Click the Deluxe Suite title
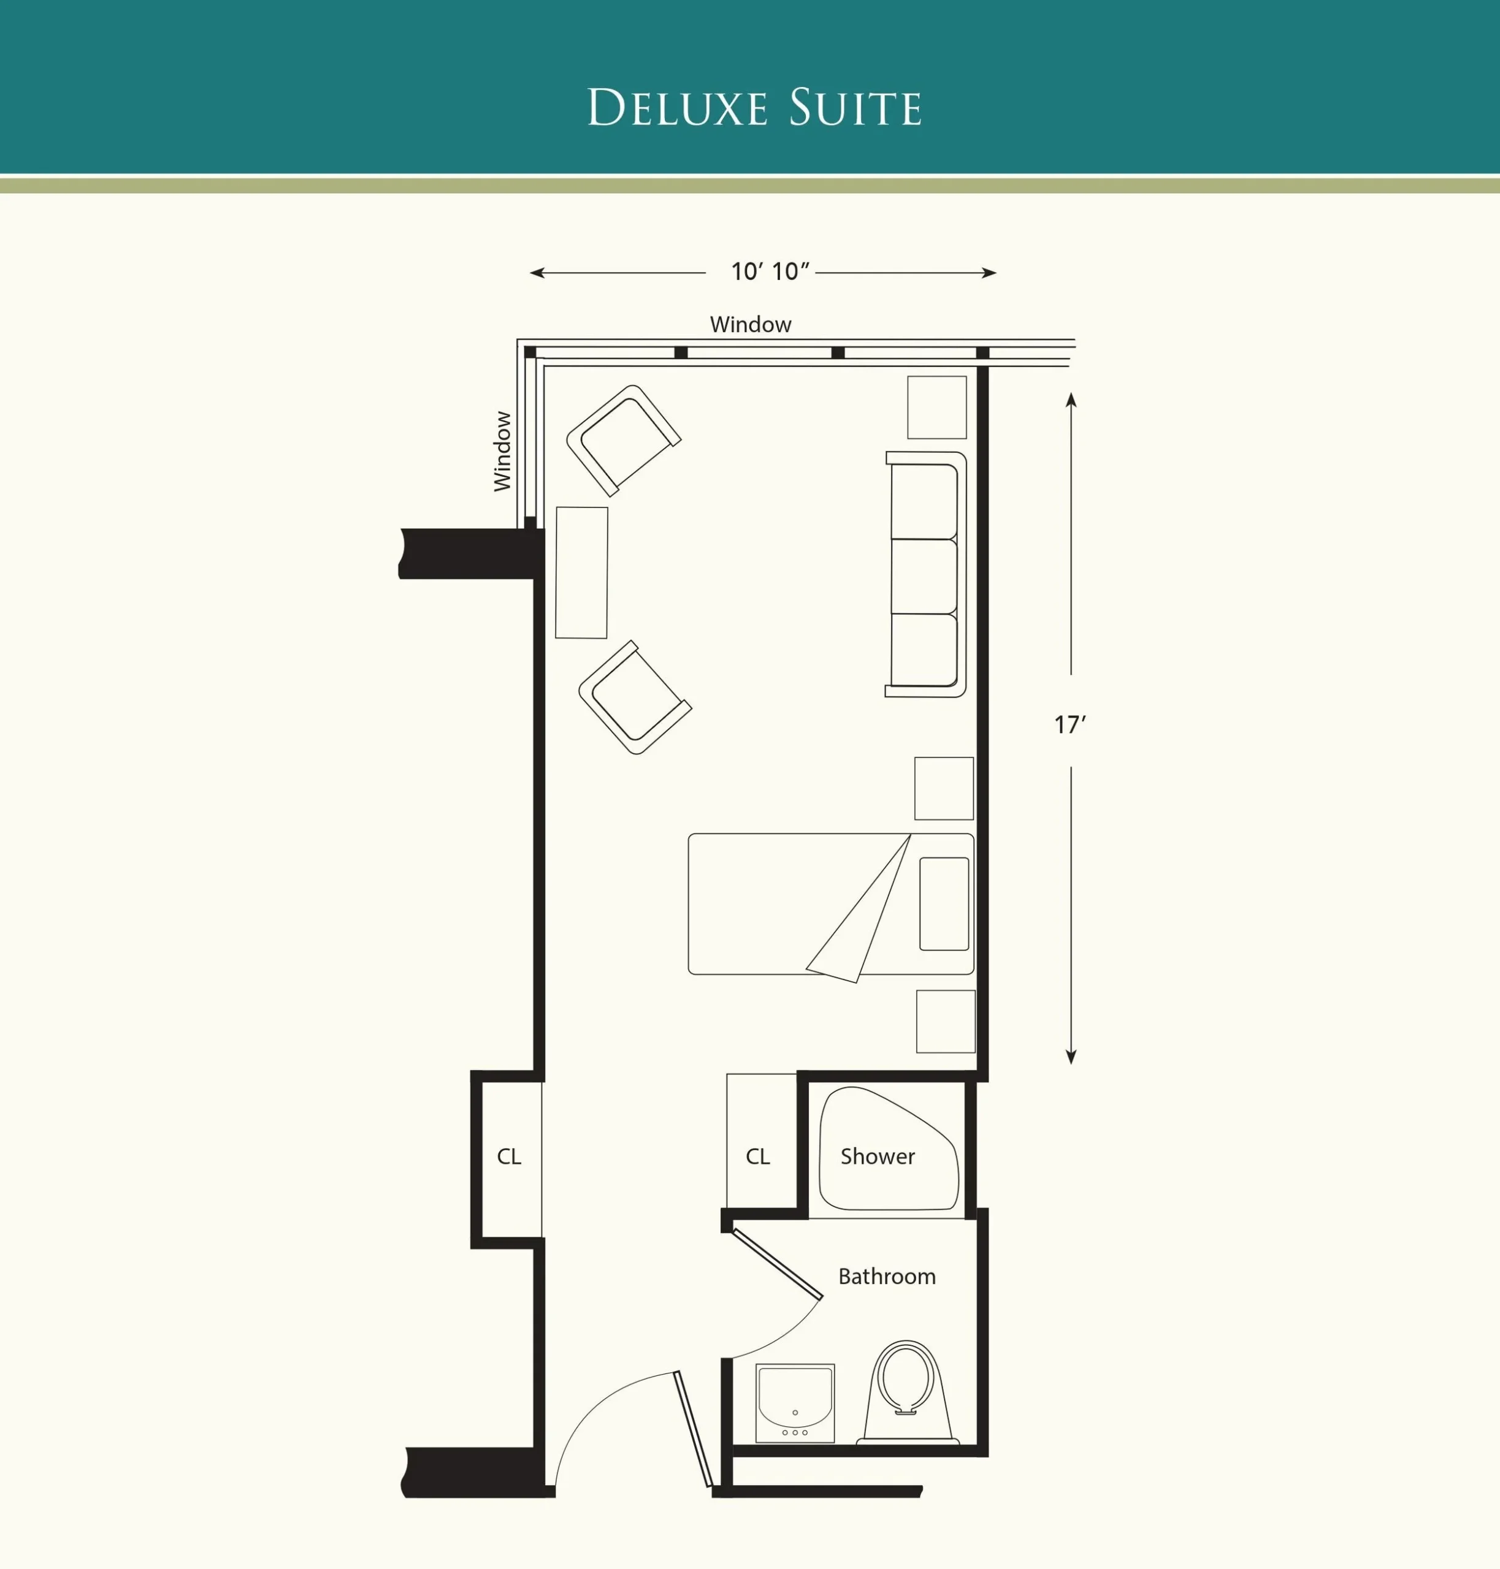point(754,107)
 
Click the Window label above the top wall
point(750,324)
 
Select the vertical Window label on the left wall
point(502,451)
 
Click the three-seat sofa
point(926,574)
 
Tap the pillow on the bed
point(944,904)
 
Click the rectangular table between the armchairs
point(581,572)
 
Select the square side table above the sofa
point(936,407)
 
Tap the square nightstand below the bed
point(946,1022)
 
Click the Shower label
point(877,1156)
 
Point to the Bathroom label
point(887,1277)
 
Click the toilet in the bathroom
point(908,1393)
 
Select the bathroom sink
point(795,1404)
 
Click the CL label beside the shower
point(757,1157)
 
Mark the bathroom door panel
point(777,1264)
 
